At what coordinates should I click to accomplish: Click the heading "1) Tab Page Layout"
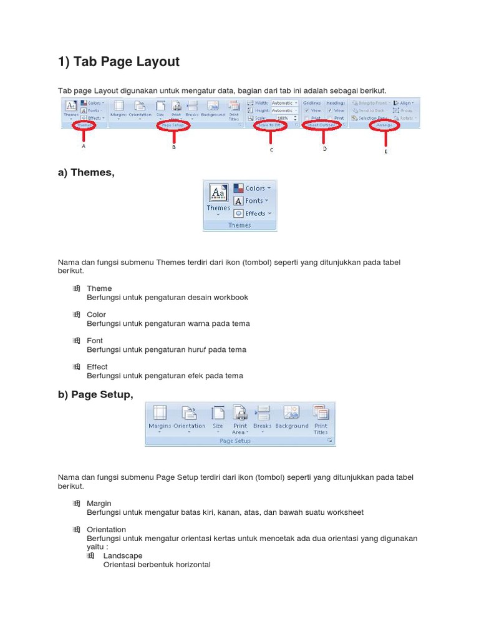tap(119, 62)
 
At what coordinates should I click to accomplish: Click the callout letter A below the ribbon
tap(84, 147)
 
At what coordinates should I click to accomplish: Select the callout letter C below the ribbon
tap(271, 150)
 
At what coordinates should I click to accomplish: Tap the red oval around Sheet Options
tap(323, 125)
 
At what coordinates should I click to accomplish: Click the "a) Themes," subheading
tap(86, 173)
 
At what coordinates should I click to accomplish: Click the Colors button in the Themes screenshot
tap(253, 188)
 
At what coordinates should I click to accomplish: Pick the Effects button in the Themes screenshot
tap(252, 213)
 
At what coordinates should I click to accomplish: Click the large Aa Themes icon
tap(218, 193)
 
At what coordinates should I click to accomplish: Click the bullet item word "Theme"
tap(99, 288)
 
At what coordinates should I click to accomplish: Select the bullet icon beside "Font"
tap(77, 341)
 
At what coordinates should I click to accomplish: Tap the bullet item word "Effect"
tap(97, 367)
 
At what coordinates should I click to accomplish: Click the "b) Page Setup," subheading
tap(95, 393)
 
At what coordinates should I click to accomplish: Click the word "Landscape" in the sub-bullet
tap(123, 555)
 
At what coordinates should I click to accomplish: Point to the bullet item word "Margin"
tap(99, 504)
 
